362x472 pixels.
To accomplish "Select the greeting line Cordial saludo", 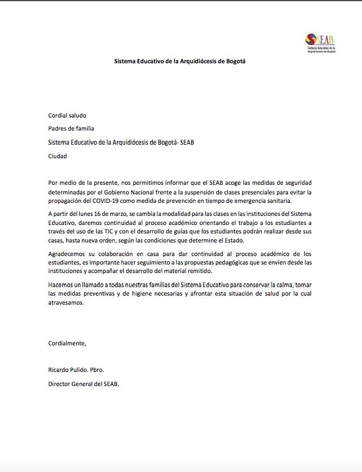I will (67, 115).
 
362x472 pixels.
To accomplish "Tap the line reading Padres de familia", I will (71, 129).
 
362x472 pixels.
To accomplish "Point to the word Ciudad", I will (58, 156).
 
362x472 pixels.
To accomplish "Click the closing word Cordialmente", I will (67, 343).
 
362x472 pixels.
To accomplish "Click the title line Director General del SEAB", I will (84, 384).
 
